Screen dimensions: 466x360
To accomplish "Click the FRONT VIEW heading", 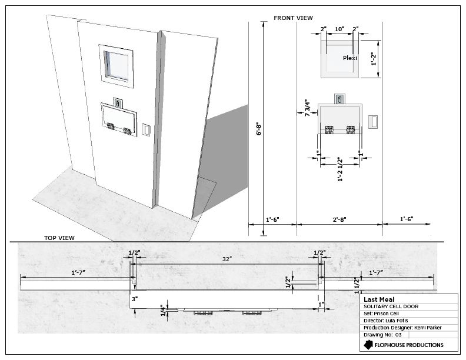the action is click(x=293, y=18).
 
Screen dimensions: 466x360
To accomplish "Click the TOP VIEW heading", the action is click(x=59, y=238).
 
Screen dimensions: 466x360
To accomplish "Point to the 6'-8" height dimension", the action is click(x=259, y=129).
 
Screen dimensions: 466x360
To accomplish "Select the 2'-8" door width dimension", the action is click(x=339, y=219).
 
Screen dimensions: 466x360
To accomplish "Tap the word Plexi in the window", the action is click(x=350, y=58).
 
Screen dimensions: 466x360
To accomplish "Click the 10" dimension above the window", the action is click(x=339, y=29).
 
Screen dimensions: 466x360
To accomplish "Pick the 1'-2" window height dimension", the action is click(x=374, y=59).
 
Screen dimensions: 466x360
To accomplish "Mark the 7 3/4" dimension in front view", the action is click(x=307, y=108).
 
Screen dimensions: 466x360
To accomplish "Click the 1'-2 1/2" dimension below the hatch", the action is click(x=340, y=169).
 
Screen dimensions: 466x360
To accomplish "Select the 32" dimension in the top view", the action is click(x=227, y=259).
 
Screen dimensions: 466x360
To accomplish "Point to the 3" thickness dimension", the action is click(x=135, y=299).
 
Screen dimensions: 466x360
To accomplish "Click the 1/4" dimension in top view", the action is click(x=163, y=311).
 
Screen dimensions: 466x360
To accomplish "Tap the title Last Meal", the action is click(x=379, y=299).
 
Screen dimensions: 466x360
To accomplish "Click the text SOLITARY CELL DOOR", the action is click(x=391, y=306).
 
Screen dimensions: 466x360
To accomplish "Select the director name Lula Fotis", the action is click(x=397, y=321).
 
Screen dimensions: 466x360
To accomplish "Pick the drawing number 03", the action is click(x=398, y=335).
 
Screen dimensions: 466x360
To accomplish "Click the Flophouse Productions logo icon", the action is click(x=368, y=345).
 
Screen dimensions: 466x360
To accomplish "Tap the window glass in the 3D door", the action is click(x=116, y=66).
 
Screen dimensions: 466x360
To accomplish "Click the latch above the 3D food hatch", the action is click(x=118, y=103).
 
